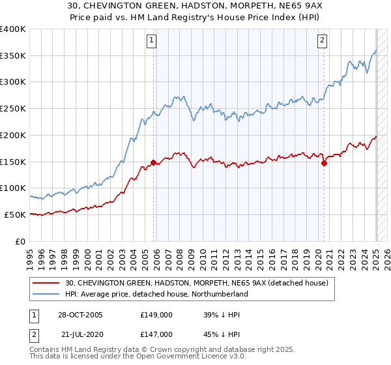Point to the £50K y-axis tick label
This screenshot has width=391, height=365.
point(15,214)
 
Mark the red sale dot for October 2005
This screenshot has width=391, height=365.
point(154,162)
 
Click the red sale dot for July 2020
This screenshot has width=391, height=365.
point(324,164)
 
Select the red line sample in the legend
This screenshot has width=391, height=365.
point(46,282)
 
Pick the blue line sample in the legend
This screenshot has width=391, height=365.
point(46,294)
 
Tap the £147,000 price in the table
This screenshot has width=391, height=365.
point(156,334)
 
